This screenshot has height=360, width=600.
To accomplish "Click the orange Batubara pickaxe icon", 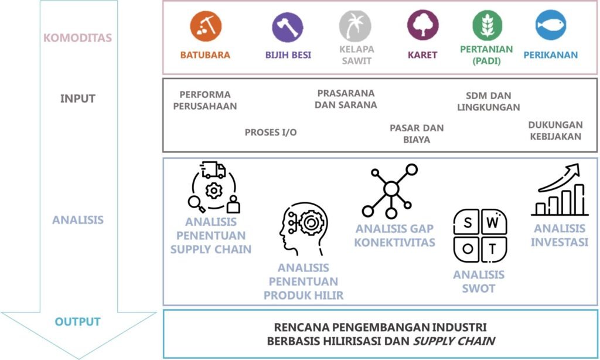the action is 206,26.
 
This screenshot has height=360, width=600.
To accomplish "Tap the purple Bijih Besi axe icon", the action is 287,27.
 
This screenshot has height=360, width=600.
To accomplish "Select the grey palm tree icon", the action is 355,26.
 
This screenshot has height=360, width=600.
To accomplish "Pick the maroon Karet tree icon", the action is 423,25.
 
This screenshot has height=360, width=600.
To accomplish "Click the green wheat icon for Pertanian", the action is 487,25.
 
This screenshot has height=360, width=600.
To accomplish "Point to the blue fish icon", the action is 551,25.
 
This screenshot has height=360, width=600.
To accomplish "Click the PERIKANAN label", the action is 551,55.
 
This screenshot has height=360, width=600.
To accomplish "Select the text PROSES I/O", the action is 271,133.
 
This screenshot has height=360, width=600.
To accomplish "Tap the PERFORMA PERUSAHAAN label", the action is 205,100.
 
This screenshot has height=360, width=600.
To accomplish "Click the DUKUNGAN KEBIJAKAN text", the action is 555,131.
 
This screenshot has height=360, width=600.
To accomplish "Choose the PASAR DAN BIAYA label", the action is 417,134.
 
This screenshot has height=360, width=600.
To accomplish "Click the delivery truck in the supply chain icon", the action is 213,170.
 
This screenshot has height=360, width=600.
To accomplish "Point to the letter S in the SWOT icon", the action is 468,223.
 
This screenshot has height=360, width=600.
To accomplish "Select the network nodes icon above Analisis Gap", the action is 390,191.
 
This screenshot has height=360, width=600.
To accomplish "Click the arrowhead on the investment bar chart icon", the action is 572,169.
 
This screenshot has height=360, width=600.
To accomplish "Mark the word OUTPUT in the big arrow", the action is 78,322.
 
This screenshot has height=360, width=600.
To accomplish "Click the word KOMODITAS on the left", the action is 78,38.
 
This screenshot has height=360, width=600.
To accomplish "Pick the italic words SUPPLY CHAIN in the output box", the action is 454,341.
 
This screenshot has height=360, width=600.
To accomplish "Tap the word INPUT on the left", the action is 78,99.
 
